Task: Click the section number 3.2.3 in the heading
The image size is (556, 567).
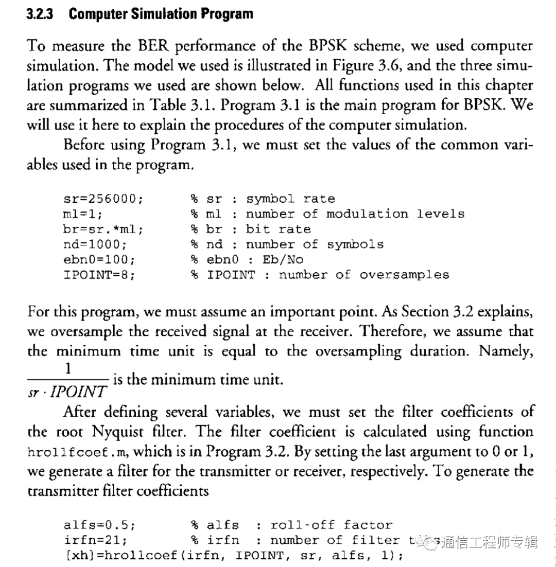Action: pos(40,14)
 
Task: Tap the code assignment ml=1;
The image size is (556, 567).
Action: pos(83,214)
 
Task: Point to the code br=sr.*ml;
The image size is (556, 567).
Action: pos(102,229)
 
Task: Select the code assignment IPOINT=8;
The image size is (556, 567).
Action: pos(99,275)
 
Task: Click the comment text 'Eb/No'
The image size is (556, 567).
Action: pos(283,259)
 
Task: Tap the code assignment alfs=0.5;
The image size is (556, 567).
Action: pos(99,525)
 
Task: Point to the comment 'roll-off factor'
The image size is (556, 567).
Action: pos(331,525)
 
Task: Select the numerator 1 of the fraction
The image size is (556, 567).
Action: pos(67,368)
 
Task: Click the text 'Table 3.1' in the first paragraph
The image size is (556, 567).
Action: pos(177,105)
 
